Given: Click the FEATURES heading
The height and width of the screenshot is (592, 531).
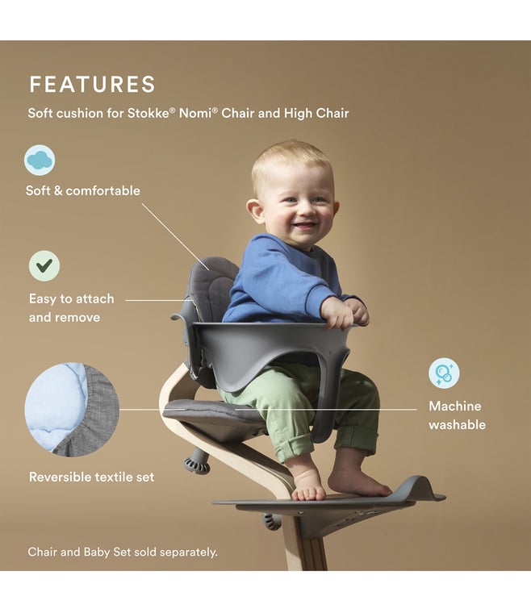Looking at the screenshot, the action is coord(92,84).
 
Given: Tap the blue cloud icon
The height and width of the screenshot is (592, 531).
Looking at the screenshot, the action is coord(40,160).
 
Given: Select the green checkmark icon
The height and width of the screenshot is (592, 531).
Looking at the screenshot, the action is coord(44,266).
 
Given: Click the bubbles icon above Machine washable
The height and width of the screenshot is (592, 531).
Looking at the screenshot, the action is coord(444,373).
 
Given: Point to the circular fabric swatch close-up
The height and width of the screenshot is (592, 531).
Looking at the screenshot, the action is coord(72,410).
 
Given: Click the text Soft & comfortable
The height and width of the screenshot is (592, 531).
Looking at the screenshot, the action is coord(82,190).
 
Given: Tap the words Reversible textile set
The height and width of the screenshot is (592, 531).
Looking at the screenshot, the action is coord(91,477).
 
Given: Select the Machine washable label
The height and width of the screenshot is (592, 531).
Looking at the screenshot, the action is coord(457,415).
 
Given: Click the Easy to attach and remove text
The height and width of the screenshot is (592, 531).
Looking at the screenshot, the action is coord(71,308).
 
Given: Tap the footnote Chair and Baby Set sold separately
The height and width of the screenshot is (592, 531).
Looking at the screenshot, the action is coord(123,552).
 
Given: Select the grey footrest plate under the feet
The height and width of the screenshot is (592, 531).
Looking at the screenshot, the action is coord(328,498).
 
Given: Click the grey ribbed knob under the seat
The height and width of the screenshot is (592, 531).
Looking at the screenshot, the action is coord(196,464).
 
